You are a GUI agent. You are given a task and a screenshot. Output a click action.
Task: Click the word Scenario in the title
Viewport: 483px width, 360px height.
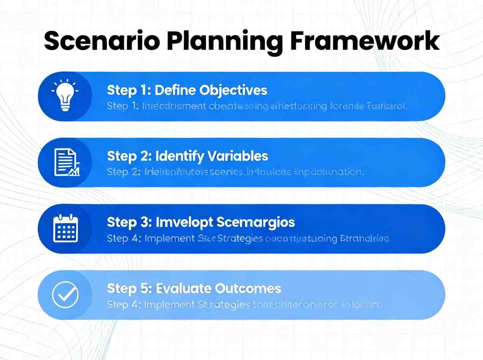102,41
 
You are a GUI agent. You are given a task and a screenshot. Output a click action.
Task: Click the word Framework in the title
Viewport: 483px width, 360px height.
365,41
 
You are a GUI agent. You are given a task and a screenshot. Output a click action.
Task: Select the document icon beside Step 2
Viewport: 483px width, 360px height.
67,162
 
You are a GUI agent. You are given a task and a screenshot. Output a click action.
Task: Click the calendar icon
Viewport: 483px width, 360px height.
66,229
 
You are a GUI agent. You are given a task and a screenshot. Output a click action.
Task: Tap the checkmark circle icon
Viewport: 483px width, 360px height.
65,295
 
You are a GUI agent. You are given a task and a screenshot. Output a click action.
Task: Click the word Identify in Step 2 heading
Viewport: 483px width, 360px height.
180,156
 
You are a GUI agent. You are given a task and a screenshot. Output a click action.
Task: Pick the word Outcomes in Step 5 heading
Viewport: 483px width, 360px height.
248,289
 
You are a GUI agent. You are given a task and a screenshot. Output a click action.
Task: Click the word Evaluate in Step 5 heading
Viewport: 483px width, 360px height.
183,289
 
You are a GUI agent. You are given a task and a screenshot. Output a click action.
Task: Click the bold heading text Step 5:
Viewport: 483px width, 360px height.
129,289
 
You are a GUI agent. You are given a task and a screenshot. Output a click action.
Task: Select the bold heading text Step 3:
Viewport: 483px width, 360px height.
129,222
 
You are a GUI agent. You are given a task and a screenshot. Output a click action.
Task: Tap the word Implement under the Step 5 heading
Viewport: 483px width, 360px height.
169,305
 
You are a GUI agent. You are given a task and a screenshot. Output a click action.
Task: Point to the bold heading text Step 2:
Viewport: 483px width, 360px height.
129,156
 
